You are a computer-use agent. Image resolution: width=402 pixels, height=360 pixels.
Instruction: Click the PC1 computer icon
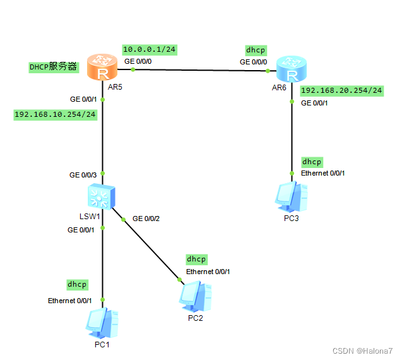click(103, 323)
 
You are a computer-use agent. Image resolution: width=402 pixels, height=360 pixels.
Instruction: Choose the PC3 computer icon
click(292, 197)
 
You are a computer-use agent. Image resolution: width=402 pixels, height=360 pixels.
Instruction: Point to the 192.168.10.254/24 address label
click(56, 114)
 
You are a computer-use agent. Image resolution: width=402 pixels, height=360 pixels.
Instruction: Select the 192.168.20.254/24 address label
click(342, 90)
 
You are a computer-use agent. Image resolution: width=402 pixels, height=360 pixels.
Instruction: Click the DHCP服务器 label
click(53, 67)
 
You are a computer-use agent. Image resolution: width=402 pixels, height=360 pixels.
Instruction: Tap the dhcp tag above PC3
click(312, 162)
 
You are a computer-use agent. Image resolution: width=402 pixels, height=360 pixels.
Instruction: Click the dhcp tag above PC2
click(196, 259)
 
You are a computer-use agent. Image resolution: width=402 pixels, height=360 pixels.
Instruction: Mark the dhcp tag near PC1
click(77, 284)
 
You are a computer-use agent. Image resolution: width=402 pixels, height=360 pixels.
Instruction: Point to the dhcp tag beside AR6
click(256, 49)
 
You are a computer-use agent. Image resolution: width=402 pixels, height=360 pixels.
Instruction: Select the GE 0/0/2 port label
click(146, 219)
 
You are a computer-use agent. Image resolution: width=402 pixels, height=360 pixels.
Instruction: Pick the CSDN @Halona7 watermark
click(366, 351)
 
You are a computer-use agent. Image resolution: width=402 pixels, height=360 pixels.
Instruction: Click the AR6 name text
click(279, 87)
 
